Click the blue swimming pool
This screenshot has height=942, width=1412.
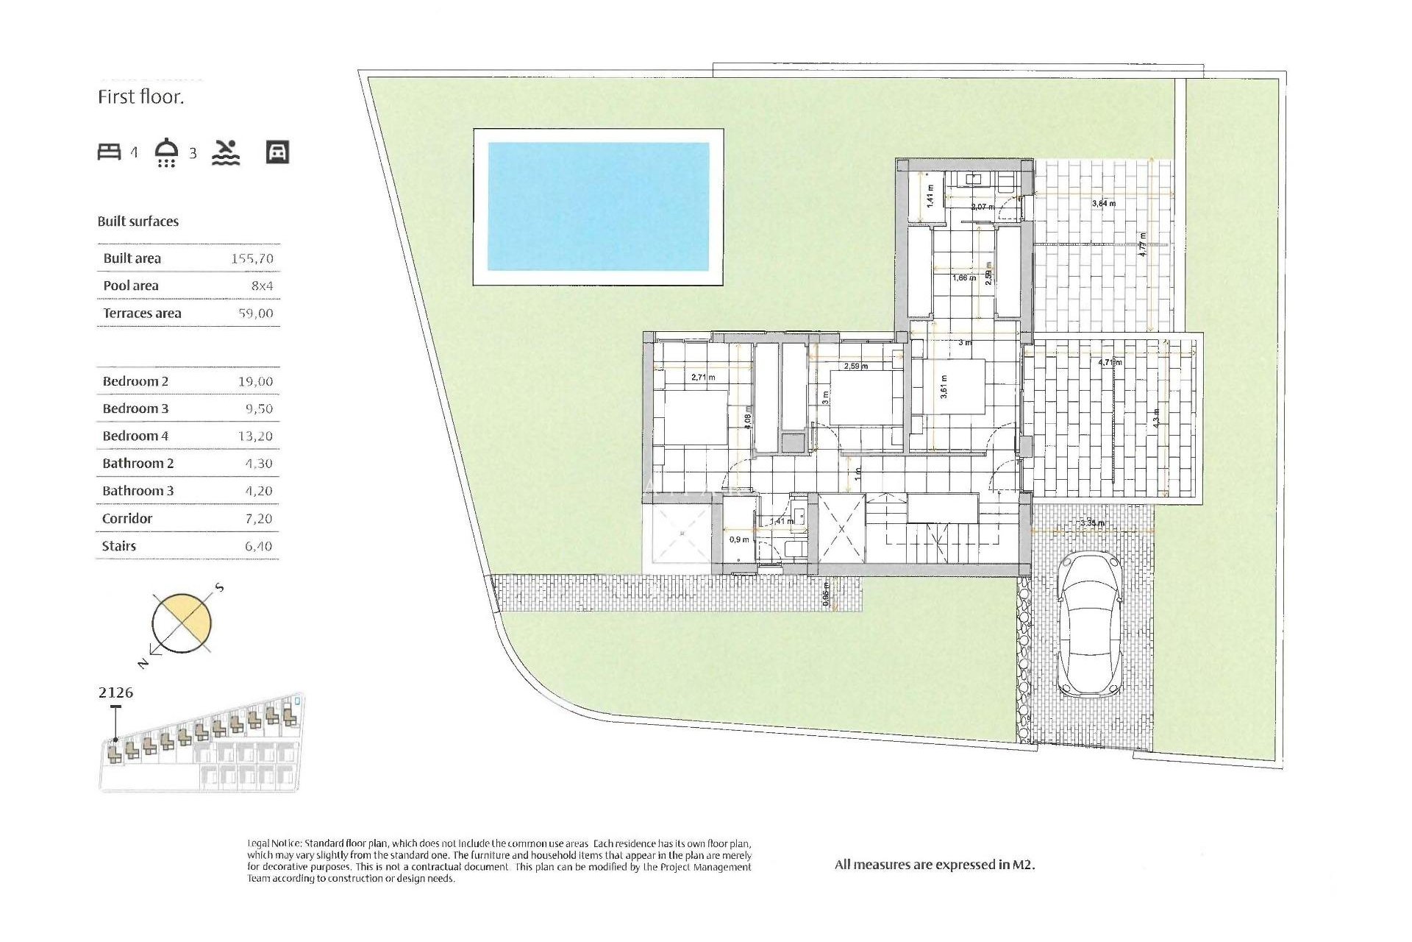coord(598,206)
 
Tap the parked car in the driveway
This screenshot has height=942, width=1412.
coord(1089,626)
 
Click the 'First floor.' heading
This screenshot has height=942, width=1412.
coord(140,97)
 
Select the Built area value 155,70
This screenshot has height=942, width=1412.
coord(252,258)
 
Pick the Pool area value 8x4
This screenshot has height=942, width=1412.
coord(262,286)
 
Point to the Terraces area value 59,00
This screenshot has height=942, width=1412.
coord(255,313)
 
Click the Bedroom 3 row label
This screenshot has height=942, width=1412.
coord(135,408)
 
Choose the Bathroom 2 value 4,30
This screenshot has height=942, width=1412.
coord(258,464)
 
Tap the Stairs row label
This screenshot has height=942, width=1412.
coord(119,546)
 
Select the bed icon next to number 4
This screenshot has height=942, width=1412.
coord(109,152)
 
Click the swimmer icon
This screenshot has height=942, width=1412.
coord(226,152)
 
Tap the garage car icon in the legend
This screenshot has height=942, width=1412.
coord(277,152)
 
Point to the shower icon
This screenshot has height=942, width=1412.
coord(167,152)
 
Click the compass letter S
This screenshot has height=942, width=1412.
coord(219,588)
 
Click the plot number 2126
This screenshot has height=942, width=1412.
coord(115,693)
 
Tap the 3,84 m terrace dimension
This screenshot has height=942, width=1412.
coord(1103,203)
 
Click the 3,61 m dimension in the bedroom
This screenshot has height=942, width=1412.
coord(944,386)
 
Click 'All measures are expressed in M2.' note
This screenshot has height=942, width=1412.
coord(934,865)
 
